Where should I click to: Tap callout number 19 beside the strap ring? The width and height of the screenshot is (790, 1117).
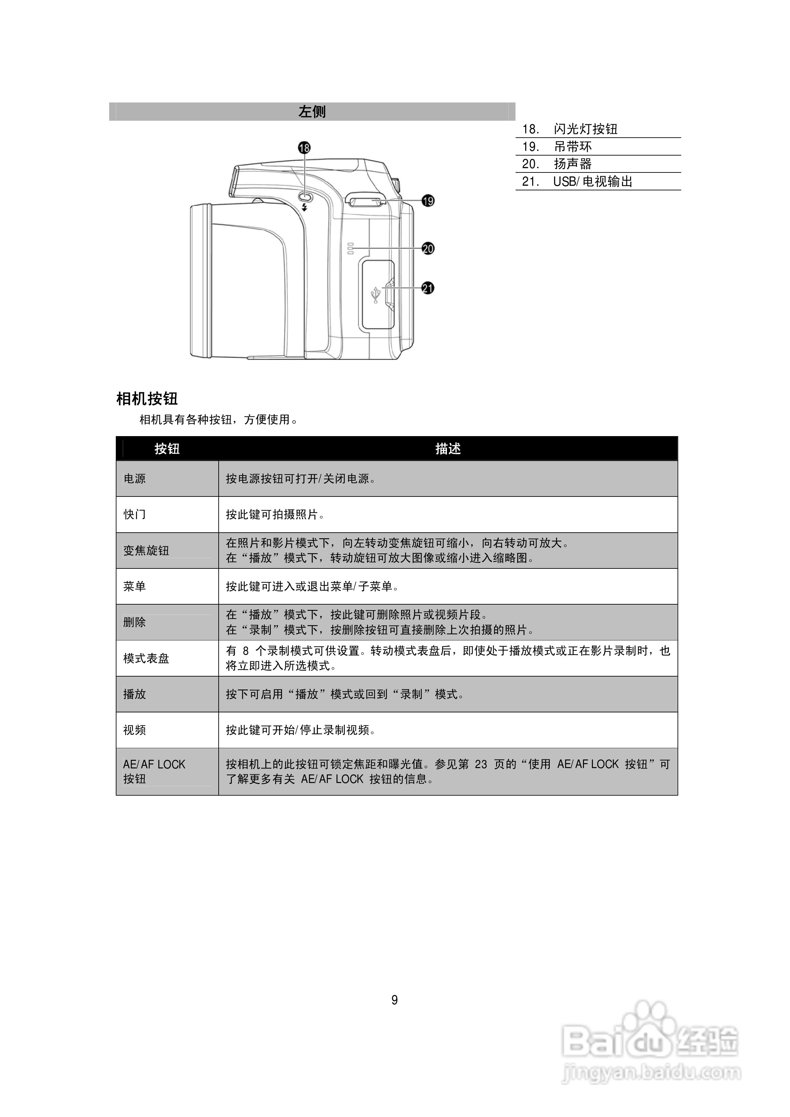428,200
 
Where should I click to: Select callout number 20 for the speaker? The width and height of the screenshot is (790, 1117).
428,249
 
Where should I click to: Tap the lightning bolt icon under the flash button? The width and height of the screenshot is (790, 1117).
305,208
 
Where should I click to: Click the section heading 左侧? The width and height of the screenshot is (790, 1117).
312,112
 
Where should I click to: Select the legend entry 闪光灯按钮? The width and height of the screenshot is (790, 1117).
586,129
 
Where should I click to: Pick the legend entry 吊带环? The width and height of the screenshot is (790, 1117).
573,147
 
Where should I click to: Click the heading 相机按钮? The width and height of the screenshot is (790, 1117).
147,399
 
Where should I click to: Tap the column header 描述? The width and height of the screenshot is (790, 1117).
448,448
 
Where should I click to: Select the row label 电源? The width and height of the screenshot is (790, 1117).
134,479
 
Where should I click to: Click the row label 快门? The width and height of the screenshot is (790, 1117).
134,514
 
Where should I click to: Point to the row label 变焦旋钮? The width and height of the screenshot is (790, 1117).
146,551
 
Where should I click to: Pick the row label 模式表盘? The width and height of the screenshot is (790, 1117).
146,659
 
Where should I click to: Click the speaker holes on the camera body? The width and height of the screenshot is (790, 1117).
350,248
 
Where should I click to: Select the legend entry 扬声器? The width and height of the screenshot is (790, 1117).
573,164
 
